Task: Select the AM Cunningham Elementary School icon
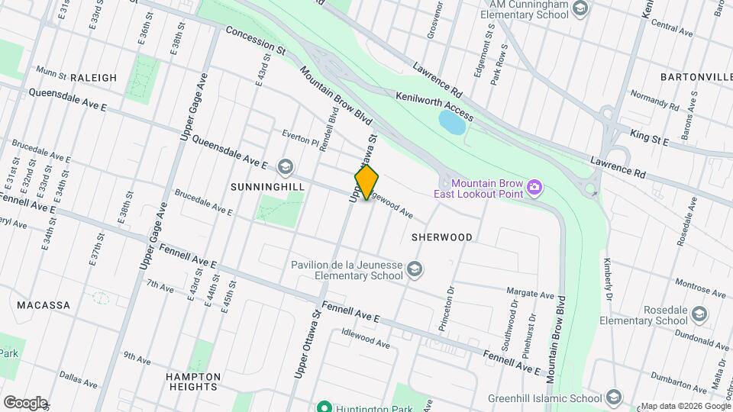[580, 8]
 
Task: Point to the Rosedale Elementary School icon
[699, 314]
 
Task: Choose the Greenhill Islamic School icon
[613, 397]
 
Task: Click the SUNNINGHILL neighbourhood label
[267, 186]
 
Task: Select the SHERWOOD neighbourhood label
[441, 237]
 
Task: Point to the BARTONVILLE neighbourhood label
[696, 78]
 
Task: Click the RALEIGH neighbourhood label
[93, 78]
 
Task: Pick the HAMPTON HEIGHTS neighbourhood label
[193, 381]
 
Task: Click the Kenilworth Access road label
[434, 106]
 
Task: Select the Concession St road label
[255, 43]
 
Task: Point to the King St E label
[649, 137]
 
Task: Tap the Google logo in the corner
[25, 402]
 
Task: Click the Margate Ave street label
[530, 294]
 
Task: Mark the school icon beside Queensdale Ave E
[285, 166]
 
